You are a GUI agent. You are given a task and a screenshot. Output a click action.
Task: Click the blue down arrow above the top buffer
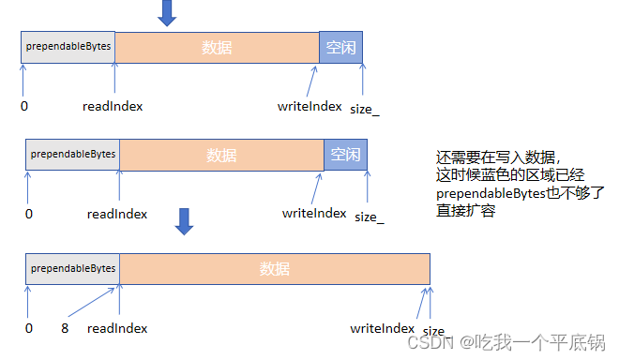point(167,12)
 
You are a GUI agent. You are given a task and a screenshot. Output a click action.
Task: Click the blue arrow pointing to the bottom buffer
point(185,220)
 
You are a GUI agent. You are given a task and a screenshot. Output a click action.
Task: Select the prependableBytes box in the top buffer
point(68,47)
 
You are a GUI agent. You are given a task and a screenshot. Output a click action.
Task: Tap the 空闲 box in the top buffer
point(340,47)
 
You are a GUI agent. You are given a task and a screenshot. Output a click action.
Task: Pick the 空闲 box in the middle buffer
point(345,155)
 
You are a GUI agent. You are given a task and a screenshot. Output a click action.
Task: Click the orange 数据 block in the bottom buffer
point(274,269)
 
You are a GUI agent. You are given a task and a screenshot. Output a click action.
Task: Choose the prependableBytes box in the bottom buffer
point(72,269)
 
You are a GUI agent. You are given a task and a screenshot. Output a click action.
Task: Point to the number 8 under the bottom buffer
point(65,328)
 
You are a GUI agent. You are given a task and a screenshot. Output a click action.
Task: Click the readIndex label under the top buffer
point(113,106)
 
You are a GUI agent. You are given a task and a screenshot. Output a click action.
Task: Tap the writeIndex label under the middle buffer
point(314,213)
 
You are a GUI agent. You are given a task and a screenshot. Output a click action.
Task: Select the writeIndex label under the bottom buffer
point(383,328)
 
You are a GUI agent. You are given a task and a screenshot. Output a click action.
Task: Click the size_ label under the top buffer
point(365,109)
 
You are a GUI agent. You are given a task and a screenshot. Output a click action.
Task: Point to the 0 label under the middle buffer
point(29,214)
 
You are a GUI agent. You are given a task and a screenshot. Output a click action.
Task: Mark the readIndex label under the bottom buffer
point(117,328)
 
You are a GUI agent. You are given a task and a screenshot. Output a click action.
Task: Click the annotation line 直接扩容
point(465,211)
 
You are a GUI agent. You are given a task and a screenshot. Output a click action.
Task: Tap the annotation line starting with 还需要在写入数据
point(497,157)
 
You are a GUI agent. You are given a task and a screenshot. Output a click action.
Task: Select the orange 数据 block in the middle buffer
point(221,155)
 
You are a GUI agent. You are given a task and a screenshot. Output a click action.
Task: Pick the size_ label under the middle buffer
point(370,217)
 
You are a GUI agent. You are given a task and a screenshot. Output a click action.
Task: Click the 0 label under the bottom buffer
point(29,328)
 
